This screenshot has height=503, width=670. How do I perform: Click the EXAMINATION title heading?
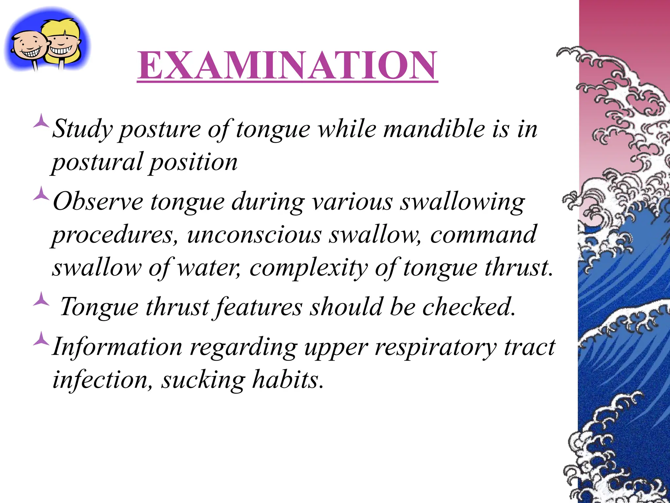(287, 65)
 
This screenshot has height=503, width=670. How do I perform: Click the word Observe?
(98, 201)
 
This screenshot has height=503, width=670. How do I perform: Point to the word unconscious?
(254, 235)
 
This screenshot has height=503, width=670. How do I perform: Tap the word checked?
(468, 307)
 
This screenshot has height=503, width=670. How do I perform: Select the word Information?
(117, 347)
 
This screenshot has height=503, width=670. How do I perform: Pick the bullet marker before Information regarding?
(41, 339)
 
